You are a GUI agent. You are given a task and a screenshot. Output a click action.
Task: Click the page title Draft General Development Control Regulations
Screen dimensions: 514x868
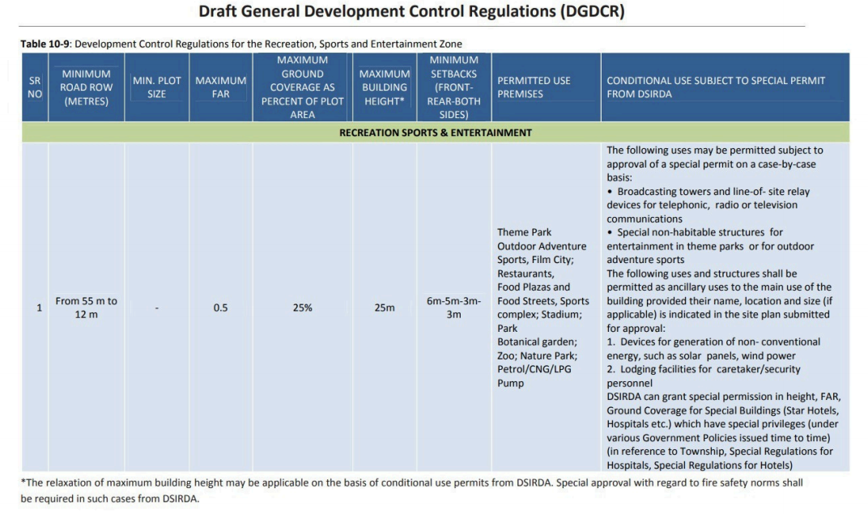click(411, 12)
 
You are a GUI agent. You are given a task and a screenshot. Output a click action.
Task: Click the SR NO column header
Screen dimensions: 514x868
click(35, 87)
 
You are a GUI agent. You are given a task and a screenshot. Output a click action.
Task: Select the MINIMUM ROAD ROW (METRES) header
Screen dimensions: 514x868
click(86, 87)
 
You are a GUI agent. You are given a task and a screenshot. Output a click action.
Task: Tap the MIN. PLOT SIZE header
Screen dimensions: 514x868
click(156, 87)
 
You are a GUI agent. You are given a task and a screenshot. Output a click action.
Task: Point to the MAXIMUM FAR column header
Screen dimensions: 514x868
click(220, 87)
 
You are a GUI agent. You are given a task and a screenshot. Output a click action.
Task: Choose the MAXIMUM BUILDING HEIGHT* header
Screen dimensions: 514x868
click(385, 87)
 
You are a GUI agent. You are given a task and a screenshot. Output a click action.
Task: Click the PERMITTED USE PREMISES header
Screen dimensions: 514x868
click(534, 87)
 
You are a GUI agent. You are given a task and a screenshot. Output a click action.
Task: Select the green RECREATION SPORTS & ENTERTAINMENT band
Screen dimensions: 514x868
click(436, 133)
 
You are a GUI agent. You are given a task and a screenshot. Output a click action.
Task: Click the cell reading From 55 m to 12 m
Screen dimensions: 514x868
click(86, 308)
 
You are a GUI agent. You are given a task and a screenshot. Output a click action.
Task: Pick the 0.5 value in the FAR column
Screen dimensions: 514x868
click(220, 308)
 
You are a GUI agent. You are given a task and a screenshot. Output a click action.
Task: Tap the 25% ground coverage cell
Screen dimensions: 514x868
click(302, 308)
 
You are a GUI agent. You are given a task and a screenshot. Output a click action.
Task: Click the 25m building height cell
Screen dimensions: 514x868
click(385, 308)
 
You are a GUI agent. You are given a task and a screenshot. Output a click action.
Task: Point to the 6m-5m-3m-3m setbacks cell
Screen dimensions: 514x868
click(453, 308)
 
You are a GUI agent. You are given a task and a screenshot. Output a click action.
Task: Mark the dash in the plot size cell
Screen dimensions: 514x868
click(156, 308)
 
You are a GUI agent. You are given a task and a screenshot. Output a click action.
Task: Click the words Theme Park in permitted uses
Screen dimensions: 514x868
click(524, 232)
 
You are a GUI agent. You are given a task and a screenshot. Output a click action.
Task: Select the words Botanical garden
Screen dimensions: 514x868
click(537, 342)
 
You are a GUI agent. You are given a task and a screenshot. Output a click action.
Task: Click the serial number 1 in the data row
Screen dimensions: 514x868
click(39, 308)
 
